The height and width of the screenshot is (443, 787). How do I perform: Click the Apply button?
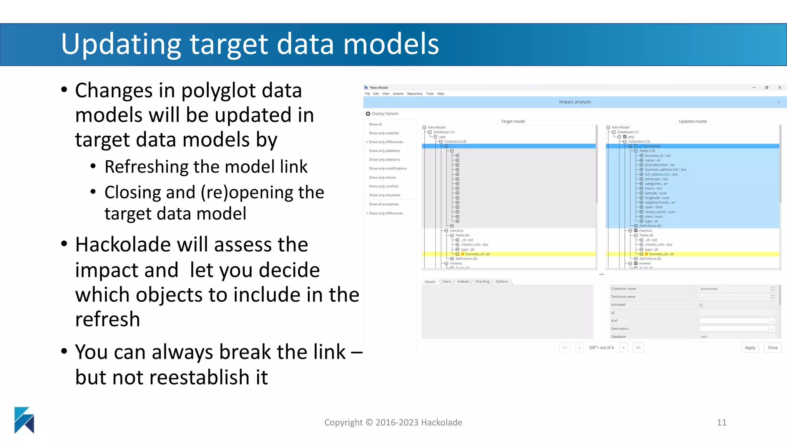(x=750, y=348)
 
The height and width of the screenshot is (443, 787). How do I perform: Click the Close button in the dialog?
(x=772, y=348)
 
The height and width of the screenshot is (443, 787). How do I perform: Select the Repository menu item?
(x=415, y=94)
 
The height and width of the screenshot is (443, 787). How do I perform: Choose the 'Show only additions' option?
(x=384, y=151)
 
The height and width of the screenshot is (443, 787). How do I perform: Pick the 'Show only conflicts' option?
(x=384, y=187)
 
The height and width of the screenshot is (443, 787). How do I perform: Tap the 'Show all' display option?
(x=375, y=124)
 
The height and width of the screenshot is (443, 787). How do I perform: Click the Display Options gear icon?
(x=368, y=114)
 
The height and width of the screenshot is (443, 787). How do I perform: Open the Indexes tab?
(x=463, y=281)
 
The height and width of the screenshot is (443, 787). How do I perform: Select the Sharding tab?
(x=482, y=281)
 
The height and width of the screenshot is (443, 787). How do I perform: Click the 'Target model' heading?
(x=513, y=122)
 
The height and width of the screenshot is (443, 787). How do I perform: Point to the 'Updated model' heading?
(x=692, y=122)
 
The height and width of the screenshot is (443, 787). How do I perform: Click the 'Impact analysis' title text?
(x=574, y=102)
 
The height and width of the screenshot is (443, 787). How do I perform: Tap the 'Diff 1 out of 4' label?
(x=601, y=348)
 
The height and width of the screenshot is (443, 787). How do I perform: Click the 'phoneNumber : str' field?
(x=659, y=165)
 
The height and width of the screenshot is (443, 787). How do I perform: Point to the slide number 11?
(x=721, y=422)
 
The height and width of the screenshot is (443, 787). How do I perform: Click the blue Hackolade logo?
(x=24, y=420)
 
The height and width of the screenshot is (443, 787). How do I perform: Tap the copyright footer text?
(x=393, y=422)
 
